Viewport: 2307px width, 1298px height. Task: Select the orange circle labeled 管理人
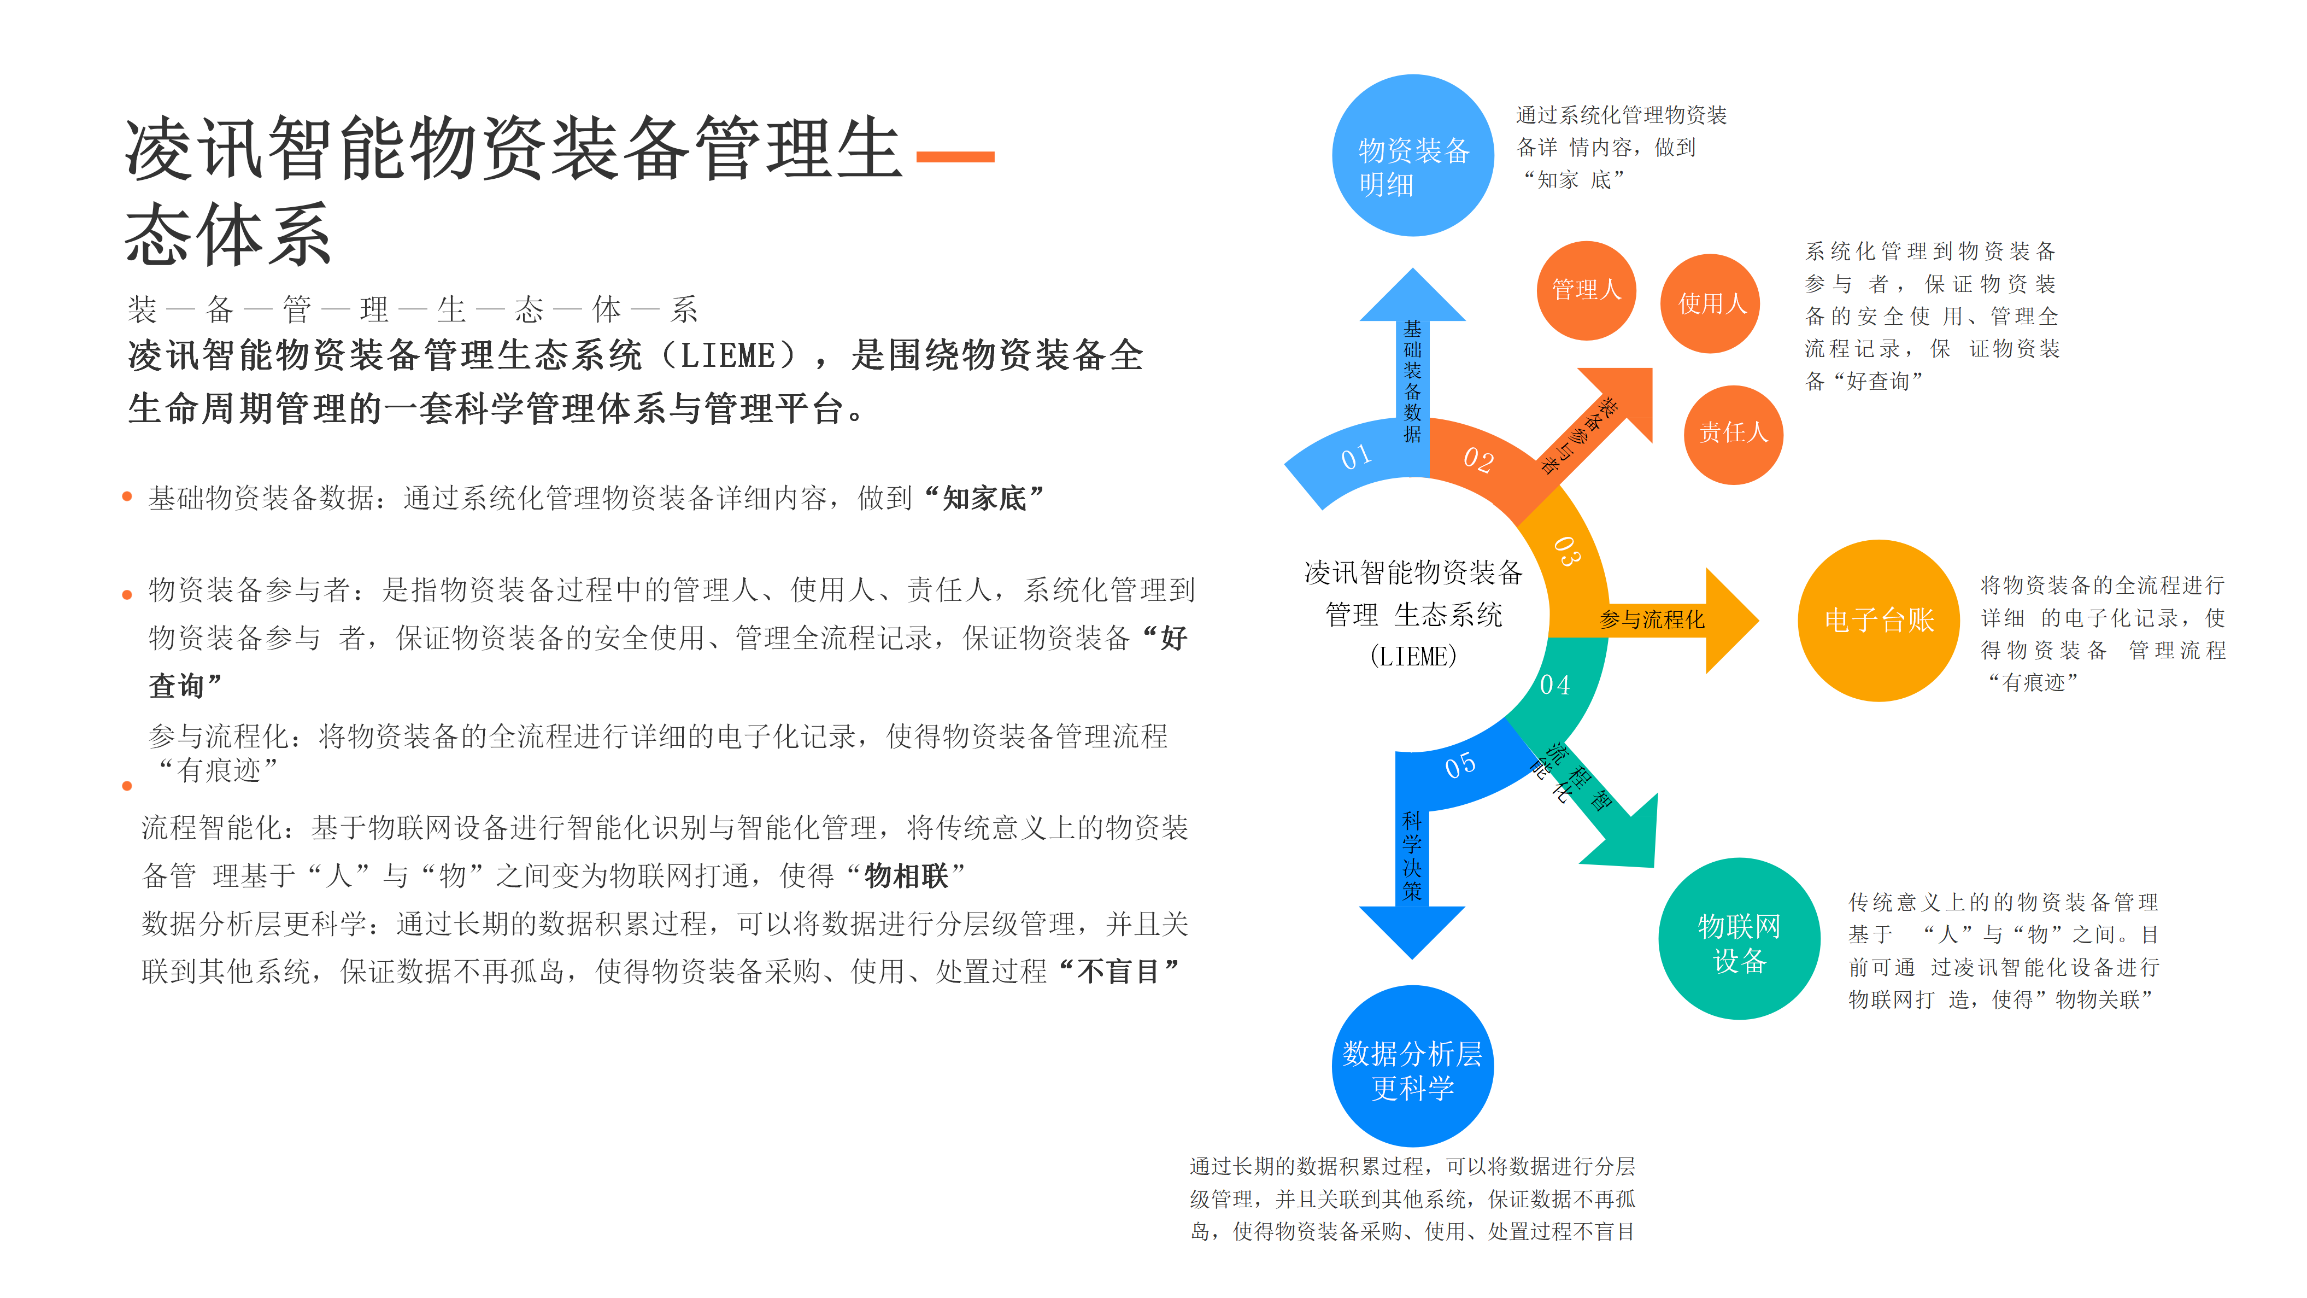click(1586, 290)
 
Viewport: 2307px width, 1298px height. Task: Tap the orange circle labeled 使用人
click(1711, 303)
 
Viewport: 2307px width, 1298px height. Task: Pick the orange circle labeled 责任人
click(1734, 435)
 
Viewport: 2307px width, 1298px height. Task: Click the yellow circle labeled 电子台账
click(1879, 620)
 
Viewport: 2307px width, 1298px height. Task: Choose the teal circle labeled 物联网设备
click(1739, 939)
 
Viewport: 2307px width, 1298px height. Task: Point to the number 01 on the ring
click(1356, 457)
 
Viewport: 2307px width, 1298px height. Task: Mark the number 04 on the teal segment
click(1555, 685)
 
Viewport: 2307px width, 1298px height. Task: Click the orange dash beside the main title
click(955, 157)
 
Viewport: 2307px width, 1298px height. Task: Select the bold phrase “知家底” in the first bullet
click(983, 498)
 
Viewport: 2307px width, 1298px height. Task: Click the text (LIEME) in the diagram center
click(1413, 657)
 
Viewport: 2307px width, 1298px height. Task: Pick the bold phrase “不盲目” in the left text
click(1119, 971)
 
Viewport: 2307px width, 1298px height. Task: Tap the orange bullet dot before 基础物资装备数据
click(127, 496)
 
